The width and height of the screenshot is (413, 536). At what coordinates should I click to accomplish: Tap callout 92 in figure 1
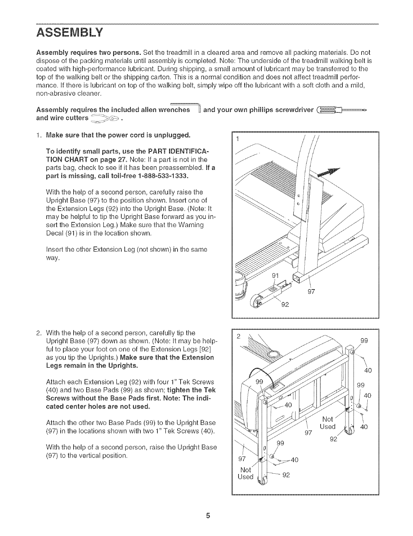pos(285,304)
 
